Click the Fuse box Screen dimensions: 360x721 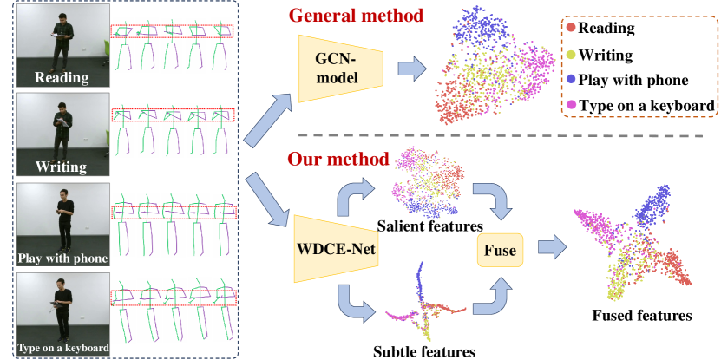497,252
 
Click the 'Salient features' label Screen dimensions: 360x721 417,226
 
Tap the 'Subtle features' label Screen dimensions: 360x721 423,351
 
